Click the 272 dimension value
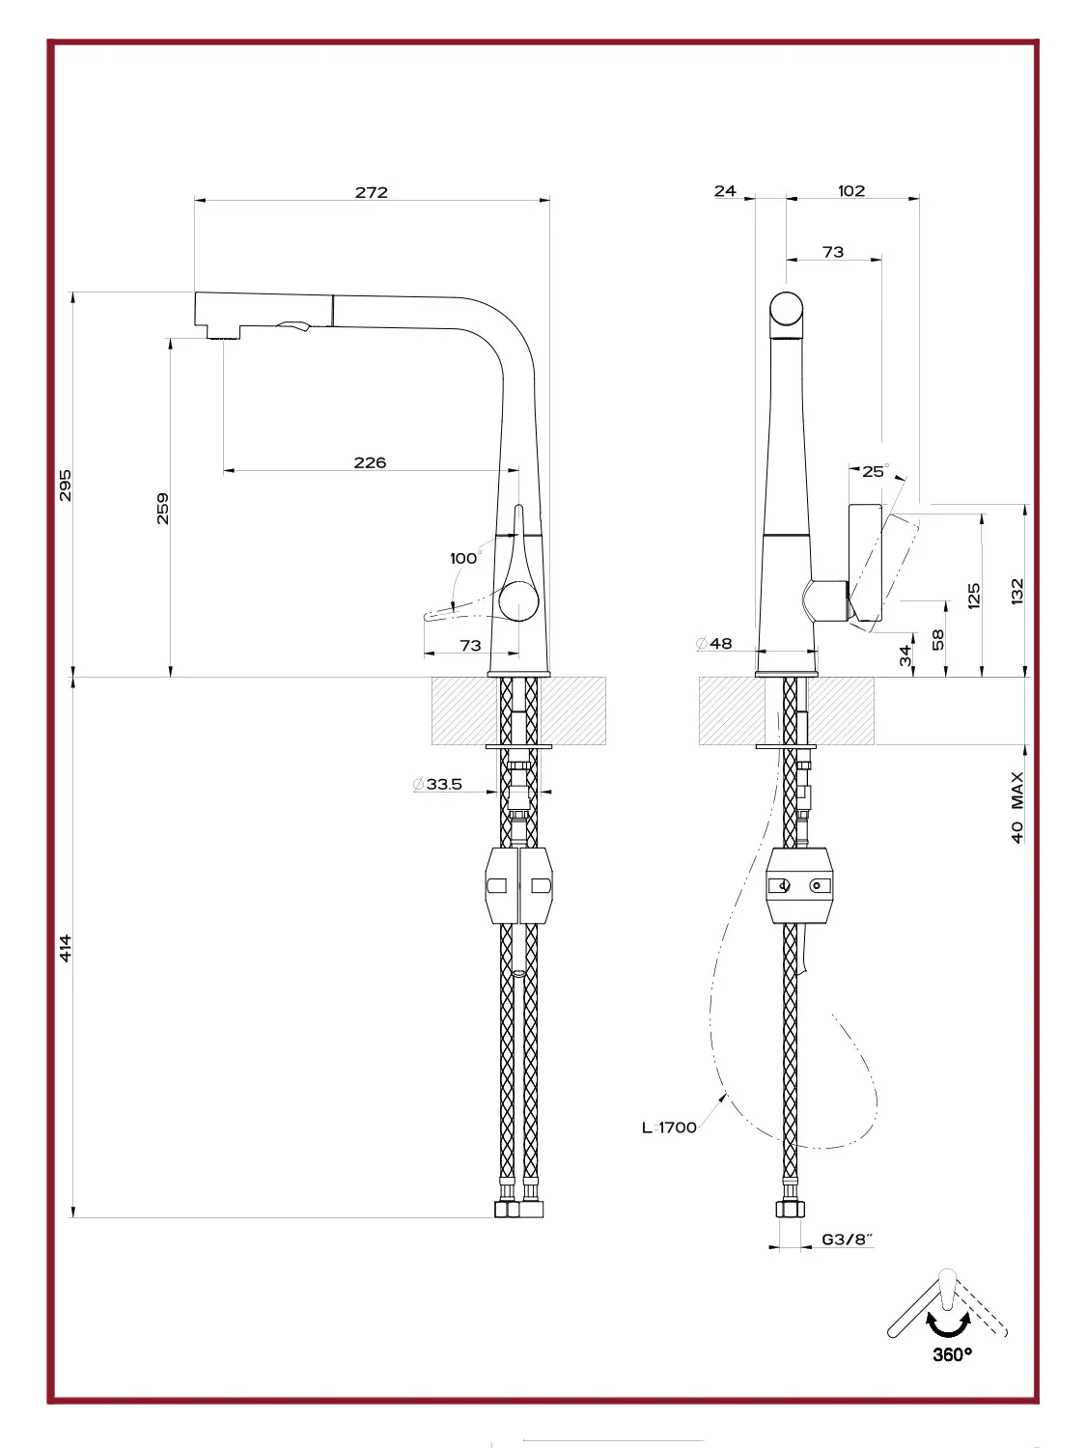(x=372, y=192)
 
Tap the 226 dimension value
(x=370, y=462)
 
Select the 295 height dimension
(x=66, y=485)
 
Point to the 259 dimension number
(x=163, y=509)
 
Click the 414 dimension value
(x=66, y=948)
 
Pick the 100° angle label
(x=465, y=557)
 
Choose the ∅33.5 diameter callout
(x=437, y=784)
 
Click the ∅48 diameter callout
(x=714, y=643)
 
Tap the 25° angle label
(x=876, y=471)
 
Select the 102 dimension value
(x=851, y=190)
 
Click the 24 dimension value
(x=725, y=190)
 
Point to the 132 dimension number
(x=1017, y=591)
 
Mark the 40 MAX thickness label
(x=1017, y=807)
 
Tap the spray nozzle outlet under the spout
(x=224, y=337)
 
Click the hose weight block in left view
(x=519, y=885)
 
